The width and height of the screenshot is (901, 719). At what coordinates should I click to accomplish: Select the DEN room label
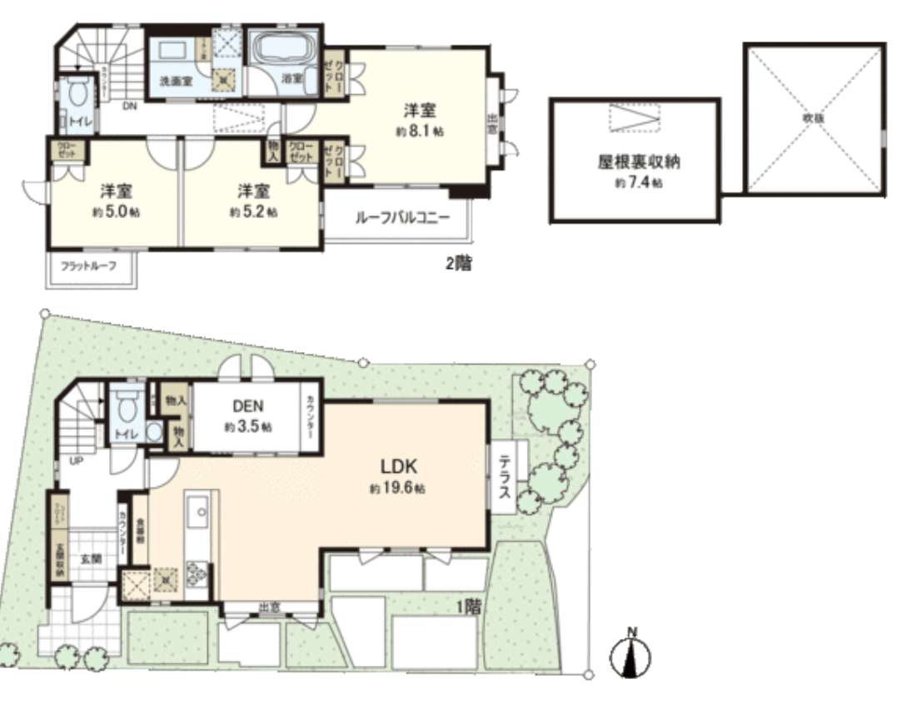tap(248, 408)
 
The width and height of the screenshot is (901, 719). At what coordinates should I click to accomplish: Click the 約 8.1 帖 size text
tap(420, 132)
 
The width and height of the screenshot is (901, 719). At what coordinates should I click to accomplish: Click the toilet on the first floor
tap(127, 407)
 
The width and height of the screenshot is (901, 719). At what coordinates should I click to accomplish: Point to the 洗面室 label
tap(176, 82)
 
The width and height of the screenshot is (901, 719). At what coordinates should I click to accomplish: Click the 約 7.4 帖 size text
tap(639, 182)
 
